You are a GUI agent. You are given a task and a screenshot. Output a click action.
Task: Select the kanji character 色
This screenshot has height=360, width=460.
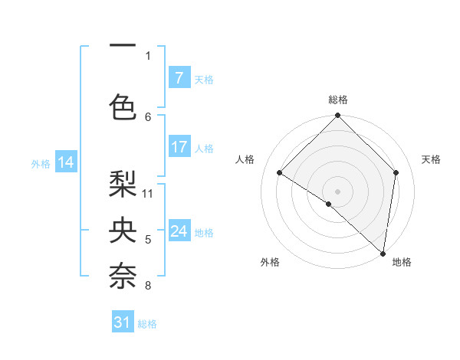point(123,106)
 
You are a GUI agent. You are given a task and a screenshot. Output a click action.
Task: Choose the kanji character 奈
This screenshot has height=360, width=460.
point(123,277)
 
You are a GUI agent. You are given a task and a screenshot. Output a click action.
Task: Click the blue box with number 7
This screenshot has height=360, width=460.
point(179,78)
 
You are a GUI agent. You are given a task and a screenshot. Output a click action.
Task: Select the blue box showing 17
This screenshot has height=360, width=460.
point(179,147)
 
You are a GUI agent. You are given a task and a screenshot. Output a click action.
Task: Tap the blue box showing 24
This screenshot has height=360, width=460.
point(179,231)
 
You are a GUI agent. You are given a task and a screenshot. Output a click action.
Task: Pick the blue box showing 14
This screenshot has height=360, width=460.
point(65,162)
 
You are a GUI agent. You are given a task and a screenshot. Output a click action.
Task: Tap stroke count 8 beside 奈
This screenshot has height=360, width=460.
point(148,286)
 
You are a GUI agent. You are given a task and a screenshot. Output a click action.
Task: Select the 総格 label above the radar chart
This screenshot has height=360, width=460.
point(337,100)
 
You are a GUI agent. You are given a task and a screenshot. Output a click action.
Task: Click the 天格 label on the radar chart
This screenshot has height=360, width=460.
point(431,159)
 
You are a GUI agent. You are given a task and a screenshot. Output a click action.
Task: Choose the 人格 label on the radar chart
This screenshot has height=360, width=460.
point(245,159)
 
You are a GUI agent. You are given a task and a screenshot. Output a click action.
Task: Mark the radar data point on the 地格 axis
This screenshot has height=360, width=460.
point(383,253)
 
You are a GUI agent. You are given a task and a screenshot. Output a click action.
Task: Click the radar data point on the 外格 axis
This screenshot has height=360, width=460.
point(329,204)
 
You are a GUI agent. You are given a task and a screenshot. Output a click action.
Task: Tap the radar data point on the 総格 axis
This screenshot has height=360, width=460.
point(337,116)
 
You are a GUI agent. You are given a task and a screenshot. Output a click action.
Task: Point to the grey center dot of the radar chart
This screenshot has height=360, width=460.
point(337,191)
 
